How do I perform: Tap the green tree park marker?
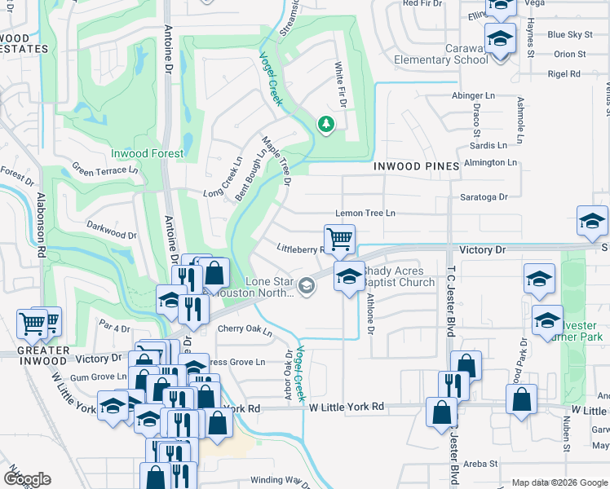325,125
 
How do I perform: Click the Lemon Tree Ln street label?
365,213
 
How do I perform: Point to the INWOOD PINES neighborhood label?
416,166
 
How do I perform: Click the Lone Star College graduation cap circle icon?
307,284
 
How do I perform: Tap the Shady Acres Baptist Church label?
399,277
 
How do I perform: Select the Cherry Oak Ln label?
244,329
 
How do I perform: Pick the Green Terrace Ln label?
105,170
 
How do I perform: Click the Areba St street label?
480,463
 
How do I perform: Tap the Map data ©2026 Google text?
559,482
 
